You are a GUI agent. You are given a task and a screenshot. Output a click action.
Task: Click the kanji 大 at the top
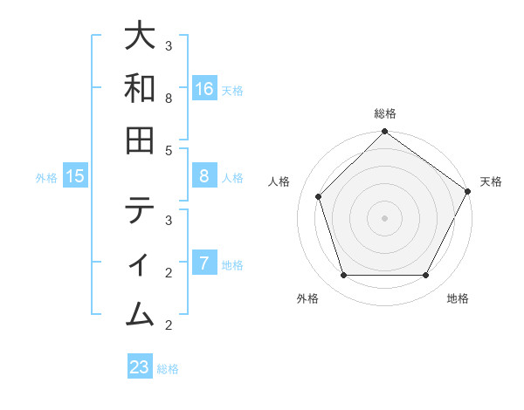click(x=140, y=38)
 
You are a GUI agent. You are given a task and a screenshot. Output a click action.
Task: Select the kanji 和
click(x=140, y=88)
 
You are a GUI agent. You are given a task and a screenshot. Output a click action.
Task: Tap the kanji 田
click(x=140, y=140)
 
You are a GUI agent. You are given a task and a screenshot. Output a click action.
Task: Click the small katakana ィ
click(x=140, y=263)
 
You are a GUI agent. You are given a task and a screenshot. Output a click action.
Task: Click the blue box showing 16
click(x=204, y=89)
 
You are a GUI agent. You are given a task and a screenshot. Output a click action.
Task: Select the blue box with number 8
click(x=204, y=176)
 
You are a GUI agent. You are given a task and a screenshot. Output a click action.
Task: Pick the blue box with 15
click(x=75, y=176)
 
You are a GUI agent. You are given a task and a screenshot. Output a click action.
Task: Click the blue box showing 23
click(x=140, y=367)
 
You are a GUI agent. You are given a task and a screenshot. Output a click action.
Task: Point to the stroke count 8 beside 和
click(x=169, y=99)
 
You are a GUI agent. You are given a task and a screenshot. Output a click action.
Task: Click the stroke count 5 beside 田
click(x=169, y=150)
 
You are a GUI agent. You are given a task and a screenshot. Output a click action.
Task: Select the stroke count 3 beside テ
click(x=169, y=220)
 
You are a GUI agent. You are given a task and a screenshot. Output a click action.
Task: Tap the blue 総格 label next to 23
click(x=168, y=369)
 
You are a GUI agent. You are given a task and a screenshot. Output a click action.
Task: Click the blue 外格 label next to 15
click(x=46, y=178)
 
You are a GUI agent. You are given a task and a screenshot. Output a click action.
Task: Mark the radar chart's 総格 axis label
click(x=384, y=113)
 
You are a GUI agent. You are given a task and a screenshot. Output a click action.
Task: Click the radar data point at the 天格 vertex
click(x=467, y=191)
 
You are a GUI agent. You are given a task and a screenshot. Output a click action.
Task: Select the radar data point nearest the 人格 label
click(x=319, y=196)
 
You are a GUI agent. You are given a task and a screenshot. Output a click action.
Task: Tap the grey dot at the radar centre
click(x=384, y=217)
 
